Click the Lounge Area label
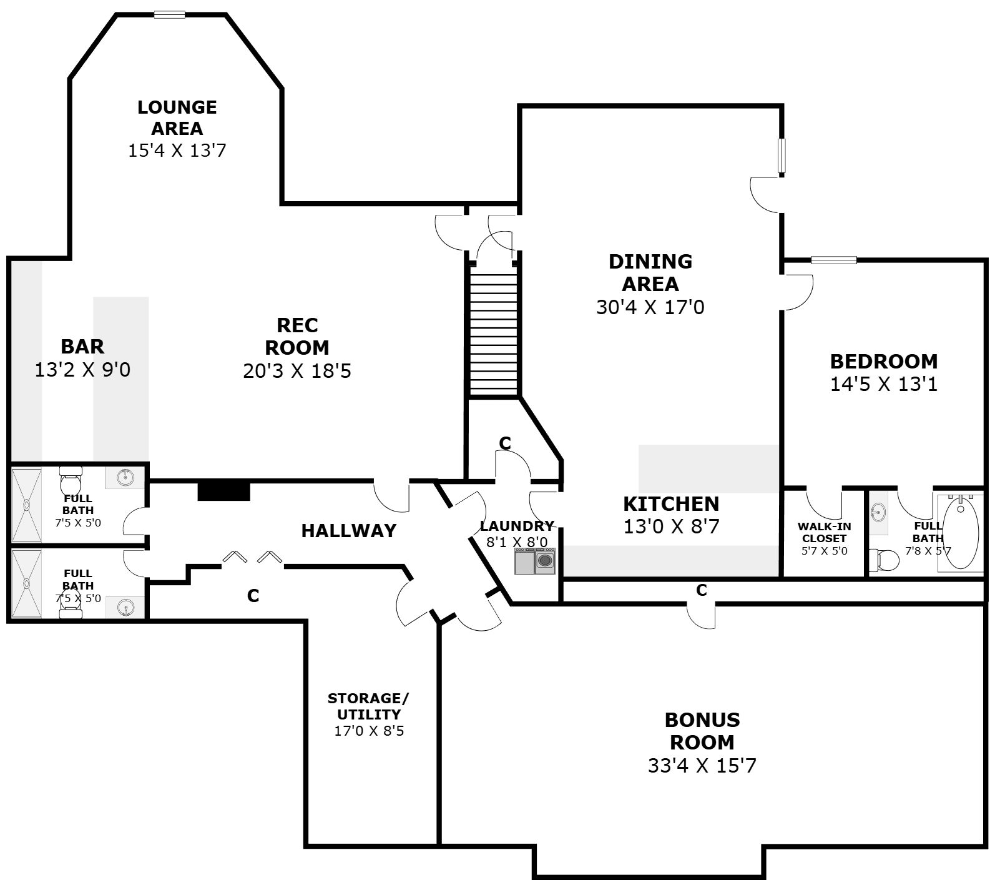click(x=177, y=117)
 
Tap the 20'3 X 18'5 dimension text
click(x=297, y=371)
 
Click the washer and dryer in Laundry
click(x=535, y=561)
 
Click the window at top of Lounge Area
click(x=170, y=14)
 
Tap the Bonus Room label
click(x=702, y=731)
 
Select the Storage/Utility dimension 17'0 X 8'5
click(x=369, y=730)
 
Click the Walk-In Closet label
click(x=825, y=532)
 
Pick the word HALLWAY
click(x=349, y=530)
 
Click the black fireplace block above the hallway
click(x=223, y=490)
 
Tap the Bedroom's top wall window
click(x=833, y=260)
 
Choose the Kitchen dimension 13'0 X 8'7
click(x=671, y=527)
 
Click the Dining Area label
click(x=650, y=272)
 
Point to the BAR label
click(x=82, y=346)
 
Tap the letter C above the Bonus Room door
click(x=702, y=590)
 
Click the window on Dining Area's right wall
click(x=782, y=156)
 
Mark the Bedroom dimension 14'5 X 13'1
click(x=884, y=383)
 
